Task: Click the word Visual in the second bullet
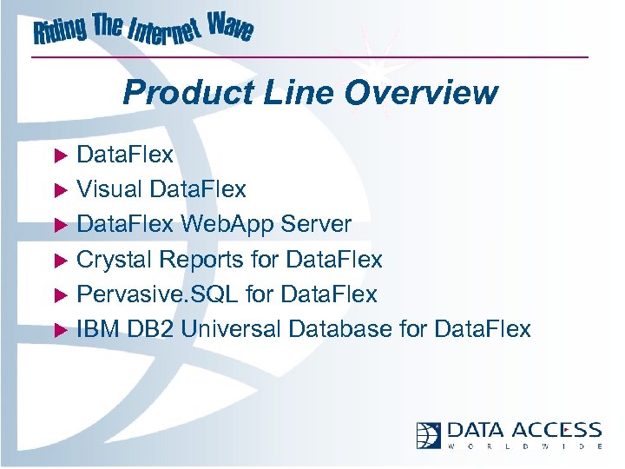coord(110,189)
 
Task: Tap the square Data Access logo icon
coord(429,434)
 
